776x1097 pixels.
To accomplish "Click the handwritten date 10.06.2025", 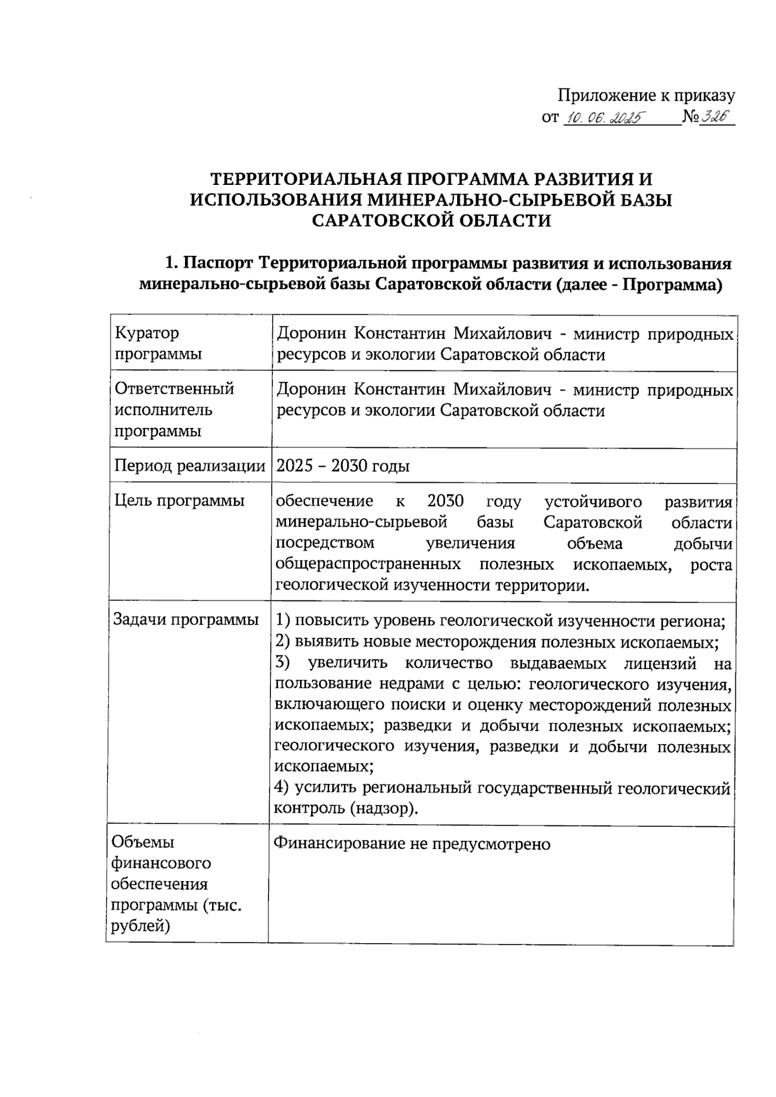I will [x=602, y=118].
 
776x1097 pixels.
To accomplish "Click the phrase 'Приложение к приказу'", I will [x=646, y=96].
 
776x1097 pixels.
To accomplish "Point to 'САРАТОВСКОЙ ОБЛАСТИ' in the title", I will [x=431, y=220].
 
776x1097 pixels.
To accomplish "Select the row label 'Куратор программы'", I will [x=157, y=343].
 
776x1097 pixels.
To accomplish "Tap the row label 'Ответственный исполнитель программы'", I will [x=173, y=409].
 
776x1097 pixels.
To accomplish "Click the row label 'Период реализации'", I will [x=189, y=466].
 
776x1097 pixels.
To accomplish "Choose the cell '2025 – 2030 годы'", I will [x=343, y=466].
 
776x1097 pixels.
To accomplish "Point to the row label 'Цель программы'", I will [x=179, y=500].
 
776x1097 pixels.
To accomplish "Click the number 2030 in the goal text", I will [x=446, y=501].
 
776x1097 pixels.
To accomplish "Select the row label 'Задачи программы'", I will [x=186, y=619].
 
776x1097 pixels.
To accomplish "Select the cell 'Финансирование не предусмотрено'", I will [x=411, y=844].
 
